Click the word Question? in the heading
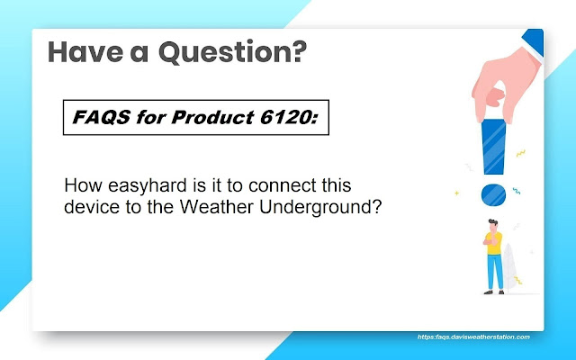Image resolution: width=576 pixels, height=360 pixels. [x=232, y=52]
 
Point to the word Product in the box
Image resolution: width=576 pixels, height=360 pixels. [x=212, y=117]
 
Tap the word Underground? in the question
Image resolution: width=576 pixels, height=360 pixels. [x=320, y=208]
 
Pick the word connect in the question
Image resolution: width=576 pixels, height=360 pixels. [x=282, y=185]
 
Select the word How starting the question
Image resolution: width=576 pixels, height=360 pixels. [x=83, y=185]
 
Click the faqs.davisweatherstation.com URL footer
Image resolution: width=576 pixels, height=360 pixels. [x=473, y=337]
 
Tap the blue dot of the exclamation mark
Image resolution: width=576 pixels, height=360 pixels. [x=493, y=194]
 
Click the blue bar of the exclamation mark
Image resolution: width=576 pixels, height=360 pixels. [x=494, y=146]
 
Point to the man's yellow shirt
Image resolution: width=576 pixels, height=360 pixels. [x=494, y=243]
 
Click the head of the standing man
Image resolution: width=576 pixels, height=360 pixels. [x=493, y=225]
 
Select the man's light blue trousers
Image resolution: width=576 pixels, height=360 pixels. [x=495, y=272]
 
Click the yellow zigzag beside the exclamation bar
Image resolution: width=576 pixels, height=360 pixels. [x=520, y=153]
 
